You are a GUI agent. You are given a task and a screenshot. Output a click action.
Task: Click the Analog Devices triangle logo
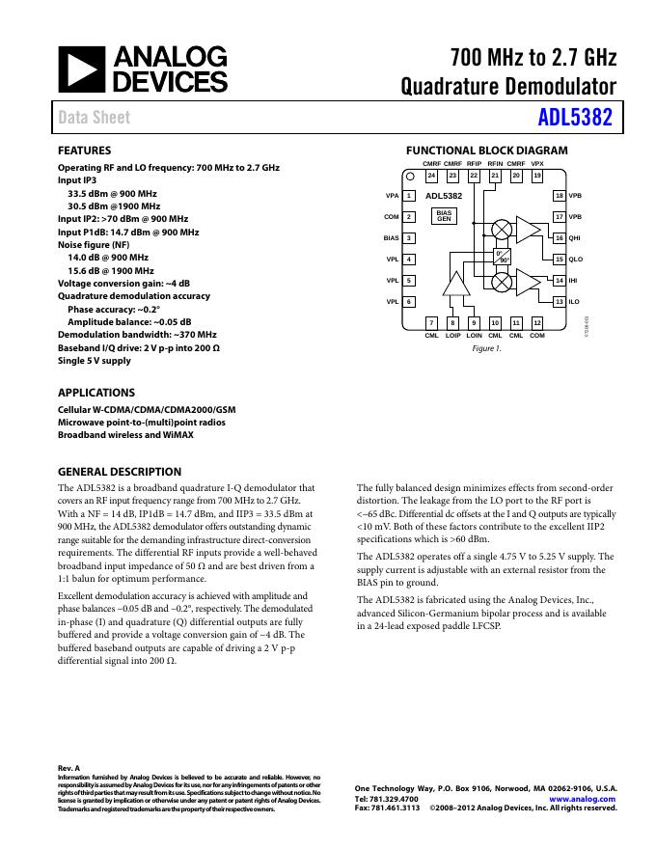[78, 69]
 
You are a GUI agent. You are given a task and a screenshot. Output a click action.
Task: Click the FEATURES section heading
[84, 151]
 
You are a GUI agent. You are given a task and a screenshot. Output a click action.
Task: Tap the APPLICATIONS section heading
[96, 393]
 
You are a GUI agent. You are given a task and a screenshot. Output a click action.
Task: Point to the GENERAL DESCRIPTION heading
[120, 472]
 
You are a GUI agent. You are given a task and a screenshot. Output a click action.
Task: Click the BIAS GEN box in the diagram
[444, 216]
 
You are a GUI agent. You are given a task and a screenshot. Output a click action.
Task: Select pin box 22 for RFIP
[474, 177]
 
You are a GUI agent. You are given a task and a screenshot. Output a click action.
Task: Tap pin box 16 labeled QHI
[559, 237]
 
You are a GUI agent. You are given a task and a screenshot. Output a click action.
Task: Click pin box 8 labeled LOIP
[452, 322]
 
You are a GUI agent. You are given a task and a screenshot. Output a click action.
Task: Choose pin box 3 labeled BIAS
[409, 237]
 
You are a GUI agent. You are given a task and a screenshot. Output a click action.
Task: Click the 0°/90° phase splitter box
[503, 256]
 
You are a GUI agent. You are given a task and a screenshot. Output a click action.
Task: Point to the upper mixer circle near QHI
[502, 229]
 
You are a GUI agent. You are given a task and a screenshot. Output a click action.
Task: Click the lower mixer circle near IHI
[502, 281]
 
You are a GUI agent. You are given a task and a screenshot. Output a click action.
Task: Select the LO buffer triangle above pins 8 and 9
[454, 282]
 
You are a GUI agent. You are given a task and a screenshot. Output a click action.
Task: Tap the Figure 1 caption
[486, 347]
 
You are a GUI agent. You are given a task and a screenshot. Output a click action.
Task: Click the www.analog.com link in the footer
[583, 799]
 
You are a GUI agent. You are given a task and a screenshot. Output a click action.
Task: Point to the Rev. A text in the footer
[68, 768]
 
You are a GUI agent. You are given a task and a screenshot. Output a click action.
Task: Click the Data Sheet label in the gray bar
[94, 118]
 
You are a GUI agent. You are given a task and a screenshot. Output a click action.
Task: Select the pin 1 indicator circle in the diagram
[409, 177]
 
